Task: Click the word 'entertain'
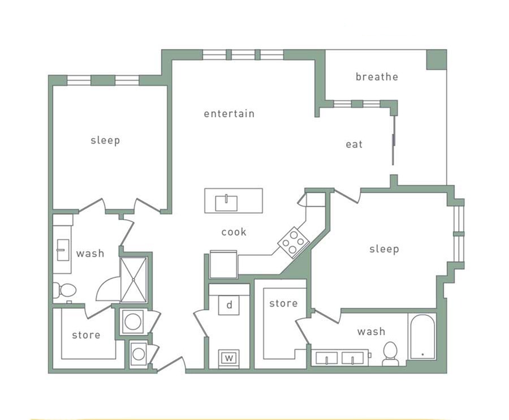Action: click(229, 114)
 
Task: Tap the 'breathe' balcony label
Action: click(377, 77)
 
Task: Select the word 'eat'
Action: click(354, 145)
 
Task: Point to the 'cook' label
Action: click(234, 232)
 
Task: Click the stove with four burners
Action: click(293, 242)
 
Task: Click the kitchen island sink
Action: click(226, 202)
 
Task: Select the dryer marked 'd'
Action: click(229, 305)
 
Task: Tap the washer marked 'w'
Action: click(229, 358)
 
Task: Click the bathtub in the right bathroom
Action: click(422, 337)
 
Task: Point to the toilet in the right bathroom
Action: click(390, 353)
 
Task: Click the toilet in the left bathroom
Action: click(66, 290)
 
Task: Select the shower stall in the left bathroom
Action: click(133, 280)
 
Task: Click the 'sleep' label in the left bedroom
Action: click(105, 140)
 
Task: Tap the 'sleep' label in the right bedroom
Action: click(384, 249)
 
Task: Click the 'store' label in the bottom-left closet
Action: click(86, 335)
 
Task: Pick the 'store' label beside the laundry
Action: click(283, 303)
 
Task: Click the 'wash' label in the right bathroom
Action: click(371, 332)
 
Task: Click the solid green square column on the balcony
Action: click(436, 59)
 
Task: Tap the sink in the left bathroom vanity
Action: click(63, 250)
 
